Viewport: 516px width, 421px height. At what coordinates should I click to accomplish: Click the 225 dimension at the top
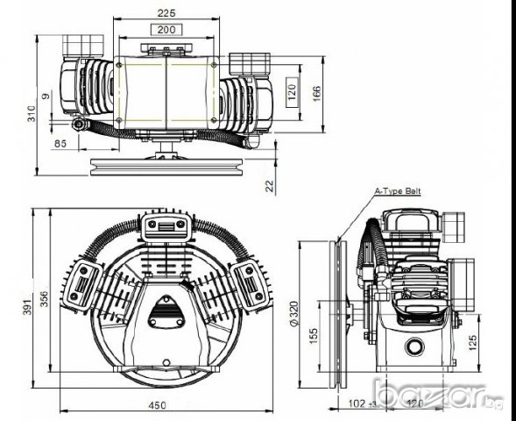(x=165, y=13)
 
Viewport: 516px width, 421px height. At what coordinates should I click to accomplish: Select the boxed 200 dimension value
(x=165, y=29)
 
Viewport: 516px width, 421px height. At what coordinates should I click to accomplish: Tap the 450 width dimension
(x=155, y=405)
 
